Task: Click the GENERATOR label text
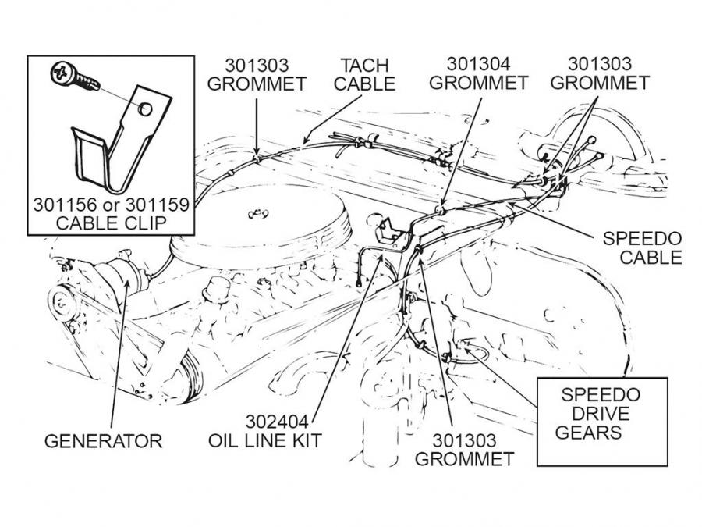pyautogui.click(x=103, y=441)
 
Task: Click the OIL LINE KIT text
pyautogui.click(x=264, y=441)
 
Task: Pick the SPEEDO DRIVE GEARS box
pyautogui.click(x=602, y=422)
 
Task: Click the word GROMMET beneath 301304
pyautogui.click(x=478, y=82)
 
